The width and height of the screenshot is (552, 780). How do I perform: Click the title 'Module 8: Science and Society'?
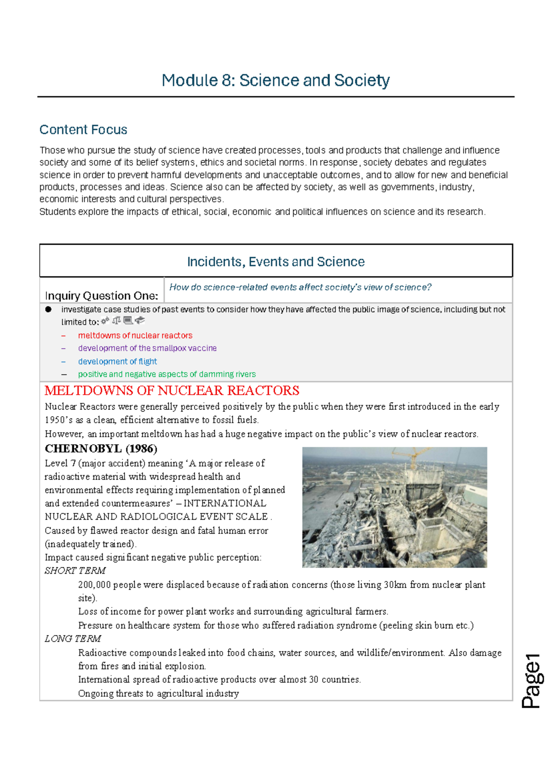coord(276,80)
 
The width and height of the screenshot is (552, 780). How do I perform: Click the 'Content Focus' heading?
coord(83,130)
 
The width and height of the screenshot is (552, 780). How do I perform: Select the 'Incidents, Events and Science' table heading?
coord(276,262)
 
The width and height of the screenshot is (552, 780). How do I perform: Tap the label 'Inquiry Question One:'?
coord(101,295)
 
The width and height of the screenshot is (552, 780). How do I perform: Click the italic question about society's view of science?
coord(300,287)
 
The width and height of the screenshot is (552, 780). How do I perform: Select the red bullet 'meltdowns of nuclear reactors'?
coord(135,336)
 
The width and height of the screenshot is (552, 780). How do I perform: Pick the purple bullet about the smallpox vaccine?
coord(147,349)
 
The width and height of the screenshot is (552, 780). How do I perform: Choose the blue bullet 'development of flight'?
coord(117,361)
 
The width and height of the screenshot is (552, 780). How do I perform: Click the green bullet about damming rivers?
coord(167,374)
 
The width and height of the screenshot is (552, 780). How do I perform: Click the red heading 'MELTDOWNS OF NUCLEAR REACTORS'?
coord(172,391)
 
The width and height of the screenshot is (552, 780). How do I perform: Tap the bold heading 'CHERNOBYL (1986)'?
coord(101,449)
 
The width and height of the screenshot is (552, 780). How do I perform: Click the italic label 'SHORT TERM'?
coord(75,571)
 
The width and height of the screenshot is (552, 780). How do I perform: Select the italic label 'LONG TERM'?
coord(73,639)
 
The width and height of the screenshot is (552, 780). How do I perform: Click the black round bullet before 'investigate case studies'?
coord(48,310)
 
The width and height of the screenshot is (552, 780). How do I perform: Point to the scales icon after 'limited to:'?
coord(116,321)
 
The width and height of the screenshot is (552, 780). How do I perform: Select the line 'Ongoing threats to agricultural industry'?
coord(158,694)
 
